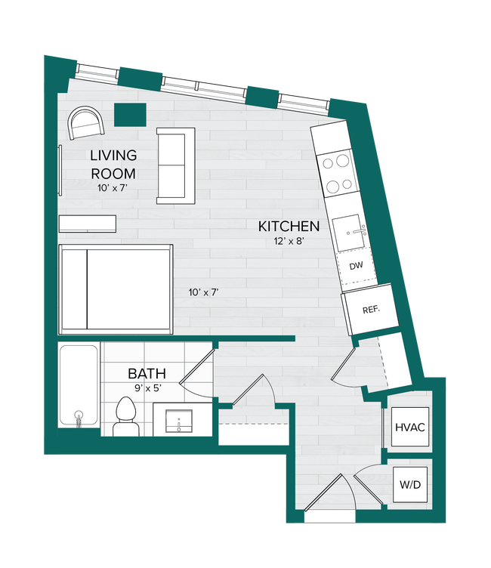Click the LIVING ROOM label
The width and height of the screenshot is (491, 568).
click(x=113, y=164)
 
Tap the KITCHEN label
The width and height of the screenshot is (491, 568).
click(x=289, y=226)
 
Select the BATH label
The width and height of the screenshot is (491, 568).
click(x=147, y=373)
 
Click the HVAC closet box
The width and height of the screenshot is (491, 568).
click(x=410, y=428)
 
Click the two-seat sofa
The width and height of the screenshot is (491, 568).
click(x=176, y=165)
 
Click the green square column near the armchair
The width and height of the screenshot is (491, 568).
click(x=130, y=115)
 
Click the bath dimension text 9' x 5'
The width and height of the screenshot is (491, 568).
click(x=146, y=388)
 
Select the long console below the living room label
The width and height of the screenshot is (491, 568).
click(x=88, y=224)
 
